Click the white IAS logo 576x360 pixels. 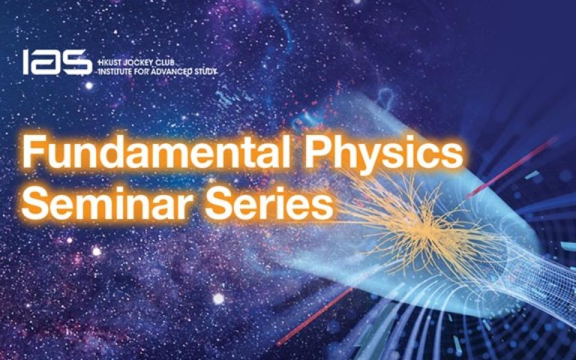coord(57,62)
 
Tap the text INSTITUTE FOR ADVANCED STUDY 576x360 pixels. coord(156,72)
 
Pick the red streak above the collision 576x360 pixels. coord(512,167)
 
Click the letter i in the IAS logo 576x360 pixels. coord(26,62)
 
